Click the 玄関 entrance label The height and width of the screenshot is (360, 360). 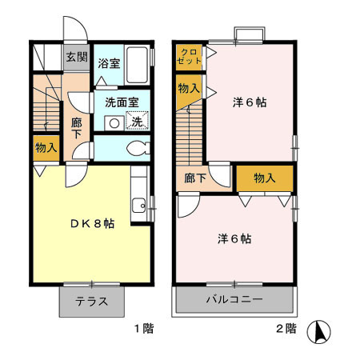76,58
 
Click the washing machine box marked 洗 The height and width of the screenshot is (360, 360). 138,122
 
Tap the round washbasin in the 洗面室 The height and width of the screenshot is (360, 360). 114,123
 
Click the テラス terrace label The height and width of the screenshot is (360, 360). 93,302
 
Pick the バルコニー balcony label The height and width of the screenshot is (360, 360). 234,302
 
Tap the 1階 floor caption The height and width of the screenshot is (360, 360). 144,328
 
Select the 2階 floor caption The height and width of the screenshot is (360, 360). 286,328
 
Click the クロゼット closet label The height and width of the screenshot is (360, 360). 188,56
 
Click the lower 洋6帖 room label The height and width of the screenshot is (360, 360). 235,238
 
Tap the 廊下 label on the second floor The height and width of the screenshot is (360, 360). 195,179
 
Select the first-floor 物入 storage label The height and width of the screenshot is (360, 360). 46,147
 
